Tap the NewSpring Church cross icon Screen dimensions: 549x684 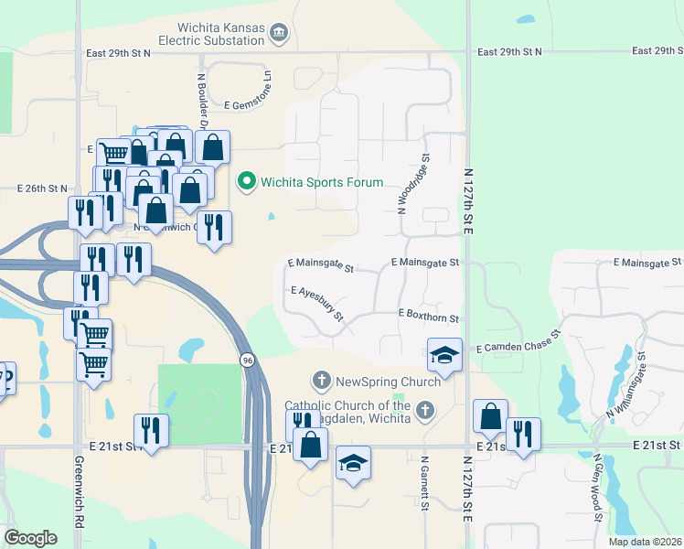[321, 379]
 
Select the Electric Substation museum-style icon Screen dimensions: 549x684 [280, 35]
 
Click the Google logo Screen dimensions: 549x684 [31, 537]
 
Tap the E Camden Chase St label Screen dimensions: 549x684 [518, 349]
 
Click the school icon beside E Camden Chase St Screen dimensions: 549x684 [444, 354]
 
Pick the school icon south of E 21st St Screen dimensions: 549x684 [353, 463]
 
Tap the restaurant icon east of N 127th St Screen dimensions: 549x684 [523, 434]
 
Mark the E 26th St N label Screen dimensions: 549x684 [42, 188]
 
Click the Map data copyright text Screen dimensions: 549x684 [645, 542]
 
